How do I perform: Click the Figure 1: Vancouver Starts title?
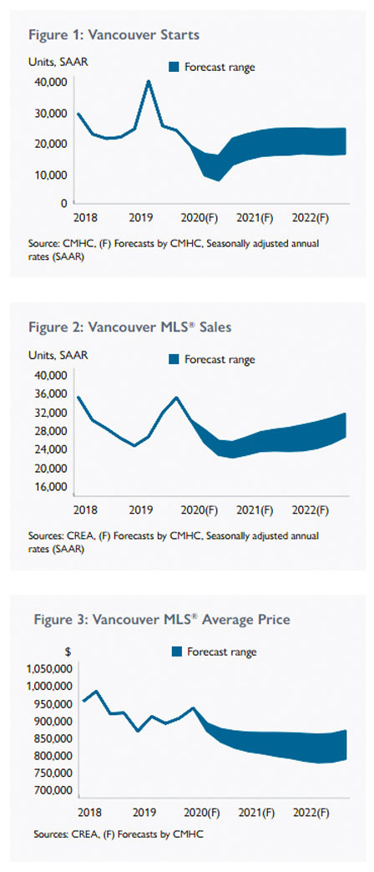click(x=114, y=35)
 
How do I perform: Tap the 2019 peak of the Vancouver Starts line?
click(x=149, y=81)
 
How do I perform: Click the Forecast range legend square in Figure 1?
click(x=174, y=68)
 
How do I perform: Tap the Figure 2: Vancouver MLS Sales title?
click(x=129, y=327)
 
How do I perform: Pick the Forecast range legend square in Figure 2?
click(x=174, y=359)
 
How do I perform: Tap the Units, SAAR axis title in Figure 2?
click(x=58, y=355)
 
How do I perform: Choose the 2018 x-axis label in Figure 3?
click(x=89, y=813)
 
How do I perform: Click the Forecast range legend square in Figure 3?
click(x=177, y=651)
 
